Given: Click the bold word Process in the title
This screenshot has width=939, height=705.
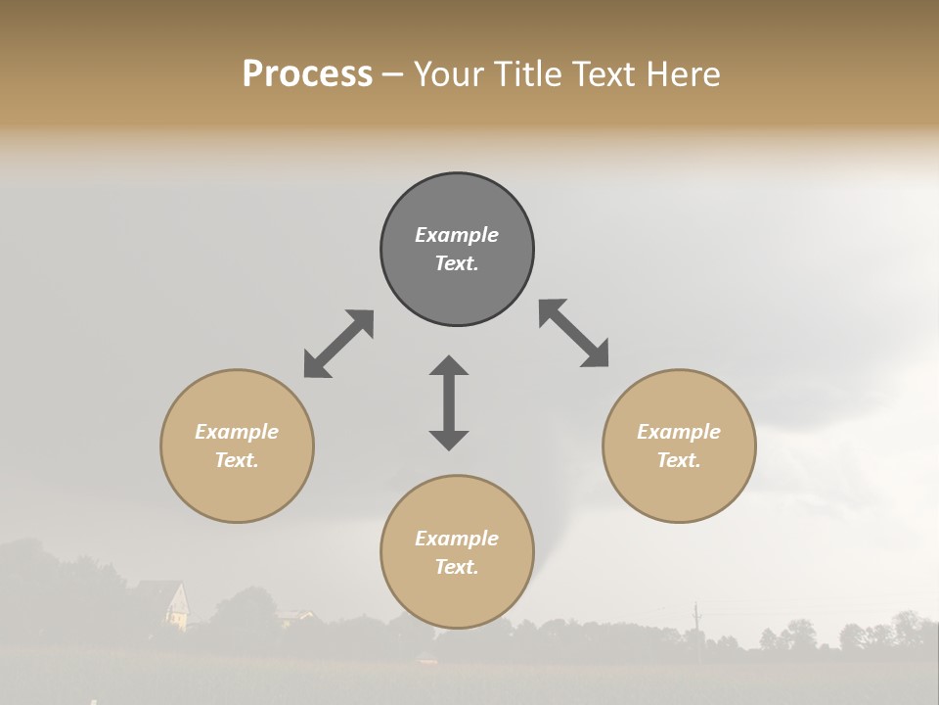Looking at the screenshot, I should (x=307, y=73).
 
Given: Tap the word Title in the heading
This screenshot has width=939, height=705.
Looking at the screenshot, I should (x=529, y=73).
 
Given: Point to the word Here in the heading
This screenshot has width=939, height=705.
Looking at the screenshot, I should (x=682, y=73).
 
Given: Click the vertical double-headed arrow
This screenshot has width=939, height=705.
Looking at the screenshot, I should (x=449, y=402).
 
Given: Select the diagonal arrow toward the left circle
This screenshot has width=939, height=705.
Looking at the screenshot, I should (x=338, y=344).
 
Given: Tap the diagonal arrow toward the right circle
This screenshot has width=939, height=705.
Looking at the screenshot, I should (x=573, y=333).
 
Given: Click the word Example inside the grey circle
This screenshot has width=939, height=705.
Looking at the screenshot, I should (x=457, y=235).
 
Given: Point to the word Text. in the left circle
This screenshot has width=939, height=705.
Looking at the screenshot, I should (x=237, y=460).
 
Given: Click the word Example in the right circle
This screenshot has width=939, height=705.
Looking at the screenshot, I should (x=679, y=432).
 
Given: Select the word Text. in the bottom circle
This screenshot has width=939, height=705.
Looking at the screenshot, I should (x=457, y=567).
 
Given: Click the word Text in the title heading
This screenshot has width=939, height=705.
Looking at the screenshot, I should (x=603, y=73).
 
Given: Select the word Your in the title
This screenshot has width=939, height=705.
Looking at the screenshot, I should (x=447, y=73).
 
